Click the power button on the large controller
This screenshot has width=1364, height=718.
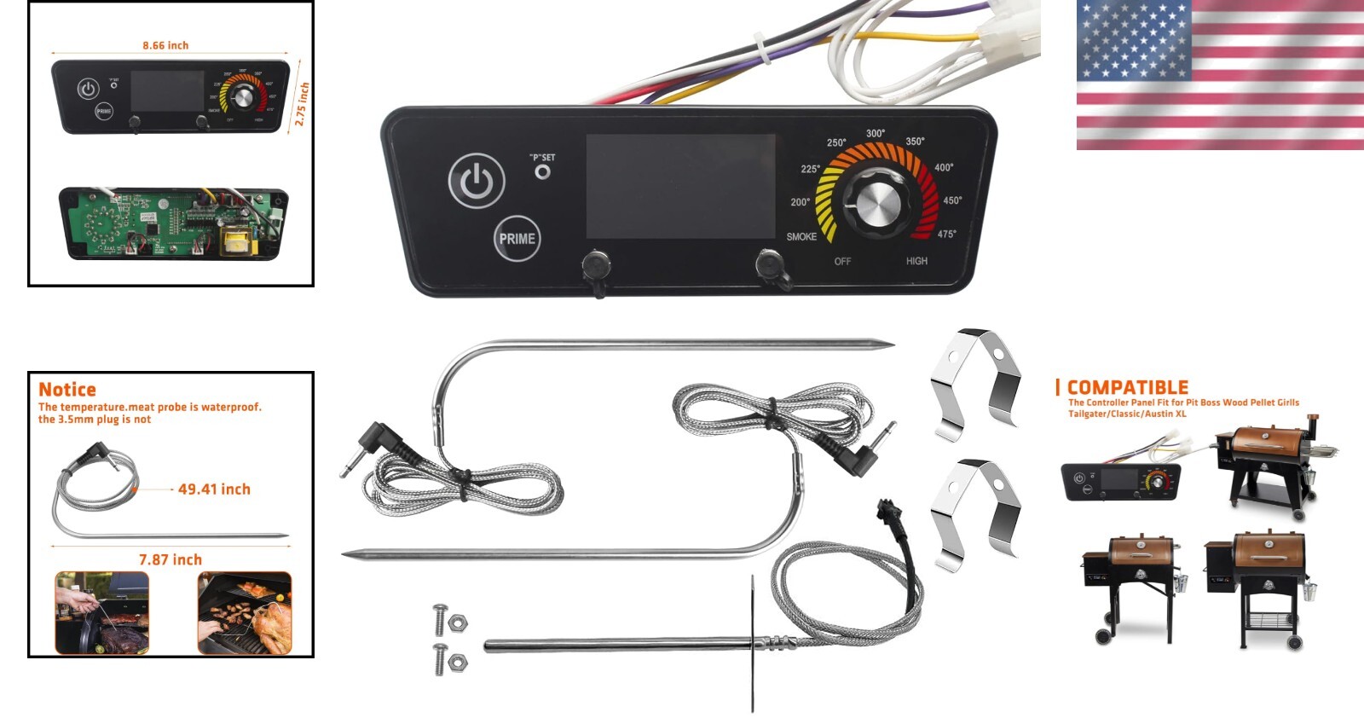click(x=477, y=181)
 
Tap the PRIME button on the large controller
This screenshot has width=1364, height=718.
click(x=517, y=239)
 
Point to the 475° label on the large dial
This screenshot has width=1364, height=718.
click(x=946, y=234)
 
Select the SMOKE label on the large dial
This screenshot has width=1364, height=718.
click(x=801, y=236)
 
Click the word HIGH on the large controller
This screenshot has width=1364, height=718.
click(x=916, y=261)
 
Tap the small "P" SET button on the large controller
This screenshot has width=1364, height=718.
click(x=542, y=172)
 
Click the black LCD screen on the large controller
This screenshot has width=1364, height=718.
click(x=680, y=186)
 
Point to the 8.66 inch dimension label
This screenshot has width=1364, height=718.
click(x=165, y=45)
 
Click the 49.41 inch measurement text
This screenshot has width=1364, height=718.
click(x=214, y=489)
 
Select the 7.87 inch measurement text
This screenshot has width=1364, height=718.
click(x=170, y=559)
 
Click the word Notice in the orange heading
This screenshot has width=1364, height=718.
click(x=67, y=390)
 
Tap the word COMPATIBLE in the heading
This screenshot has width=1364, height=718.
click(x=1127, y=387)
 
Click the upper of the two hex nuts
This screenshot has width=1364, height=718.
click(x=458, y=623)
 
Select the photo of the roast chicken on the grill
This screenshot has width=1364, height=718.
click(x=245, y=612)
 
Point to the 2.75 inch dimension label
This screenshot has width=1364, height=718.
click(x=302, y=104)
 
